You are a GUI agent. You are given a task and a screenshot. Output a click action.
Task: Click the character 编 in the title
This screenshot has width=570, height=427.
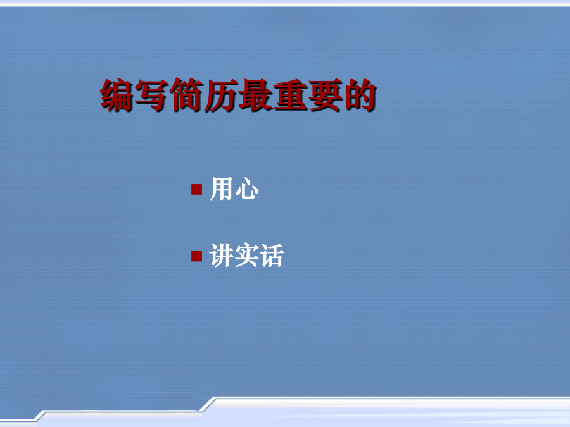(x=117, y=95)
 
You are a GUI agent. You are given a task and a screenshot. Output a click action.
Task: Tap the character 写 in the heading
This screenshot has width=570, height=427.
(x=151, y=95)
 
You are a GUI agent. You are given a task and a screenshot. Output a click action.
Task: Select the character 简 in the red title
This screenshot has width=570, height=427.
(x=186, y=95)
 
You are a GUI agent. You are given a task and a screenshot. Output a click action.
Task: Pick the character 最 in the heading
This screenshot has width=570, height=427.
(x=255, y=95)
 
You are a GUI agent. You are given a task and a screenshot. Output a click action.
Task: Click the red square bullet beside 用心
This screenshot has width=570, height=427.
(x=197, y=190)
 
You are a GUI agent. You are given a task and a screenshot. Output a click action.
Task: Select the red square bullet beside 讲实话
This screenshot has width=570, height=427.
(x=197, y=256)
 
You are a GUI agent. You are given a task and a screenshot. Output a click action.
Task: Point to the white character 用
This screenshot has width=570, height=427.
(x=222, y=189)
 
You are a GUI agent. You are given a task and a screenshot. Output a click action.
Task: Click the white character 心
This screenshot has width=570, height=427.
(x=247, y=189)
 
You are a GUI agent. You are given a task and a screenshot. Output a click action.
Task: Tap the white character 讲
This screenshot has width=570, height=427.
(x=222, y=256)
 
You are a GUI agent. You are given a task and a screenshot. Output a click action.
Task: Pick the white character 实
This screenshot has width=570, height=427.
(x=246, y=256)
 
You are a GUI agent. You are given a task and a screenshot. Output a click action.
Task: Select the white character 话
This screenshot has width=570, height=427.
(x=271, y=256)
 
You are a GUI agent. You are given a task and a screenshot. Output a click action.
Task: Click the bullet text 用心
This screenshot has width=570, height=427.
(x=234, y=189)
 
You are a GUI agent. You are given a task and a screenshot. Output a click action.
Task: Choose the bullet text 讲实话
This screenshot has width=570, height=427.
(x=246, y=256)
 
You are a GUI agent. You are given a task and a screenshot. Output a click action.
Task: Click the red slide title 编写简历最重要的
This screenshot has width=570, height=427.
(x=238, y=95)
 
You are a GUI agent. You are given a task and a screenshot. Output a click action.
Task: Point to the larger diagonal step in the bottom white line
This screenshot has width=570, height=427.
(x=208, y=404)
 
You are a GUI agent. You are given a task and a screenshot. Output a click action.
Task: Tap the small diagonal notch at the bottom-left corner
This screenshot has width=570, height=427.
(x=41, y=416)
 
